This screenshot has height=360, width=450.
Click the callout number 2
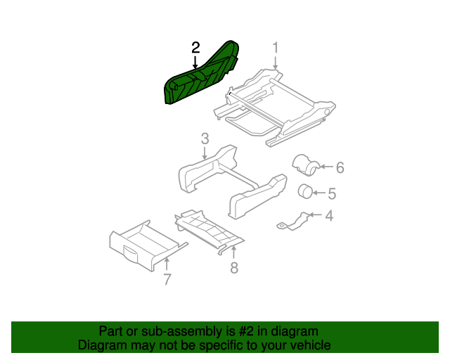[195, 48]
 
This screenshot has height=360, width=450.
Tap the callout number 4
[328, 216]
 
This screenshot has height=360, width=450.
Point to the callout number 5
[332, 193]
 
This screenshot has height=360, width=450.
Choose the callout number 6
[340, 167]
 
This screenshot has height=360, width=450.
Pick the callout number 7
[167, 279]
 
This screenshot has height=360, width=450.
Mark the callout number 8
[234, 267]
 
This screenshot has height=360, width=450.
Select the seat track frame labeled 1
[281, 105]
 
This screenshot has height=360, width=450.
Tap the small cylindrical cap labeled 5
[306, 191]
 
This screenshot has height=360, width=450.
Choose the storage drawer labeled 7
[141, 246]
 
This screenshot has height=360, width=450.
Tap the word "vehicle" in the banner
[307, 345]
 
